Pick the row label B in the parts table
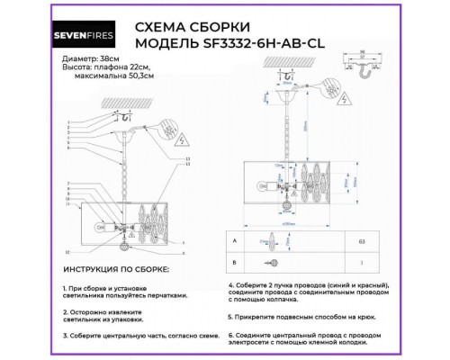point(235,264)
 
